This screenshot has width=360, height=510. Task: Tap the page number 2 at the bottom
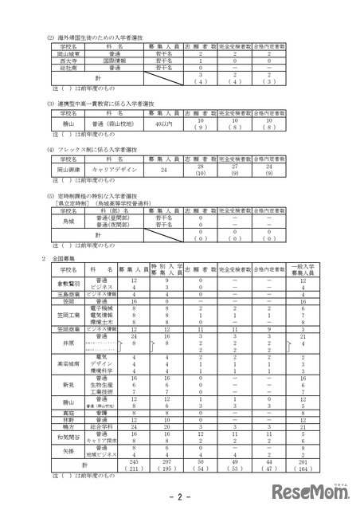tap(179, 496)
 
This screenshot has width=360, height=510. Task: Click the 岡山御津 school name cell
tap(57, 170)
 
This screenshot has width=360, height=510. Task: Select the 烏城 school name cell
tap(57, 220)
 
